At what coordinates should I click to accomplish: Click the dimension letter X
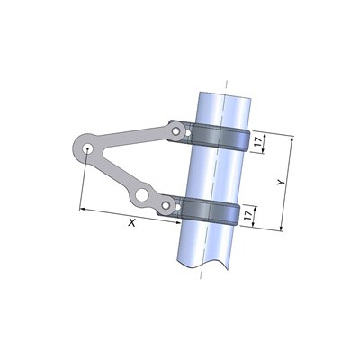pyautogui.click(x=132, y=222)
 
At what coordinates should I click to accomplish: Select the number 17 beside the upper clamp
pyautogui.click(x=257, y=142)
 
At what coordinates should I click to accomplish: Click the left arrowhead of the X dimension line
pyautogui.click(x=84, y=209)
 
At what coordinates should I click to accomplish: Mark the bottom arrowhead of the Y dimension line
pyautogui.click(x=280, y=227)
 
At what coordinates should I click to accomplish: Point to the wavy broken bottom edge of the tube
pyautogui.click(x=207, y=264)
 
